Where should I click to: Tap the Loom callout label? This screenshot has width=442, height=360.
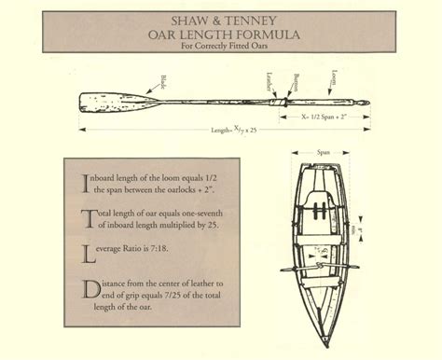(x=333, y=79)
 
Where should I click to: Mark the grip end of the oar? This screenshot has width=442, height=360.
(x=366, y=103)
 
